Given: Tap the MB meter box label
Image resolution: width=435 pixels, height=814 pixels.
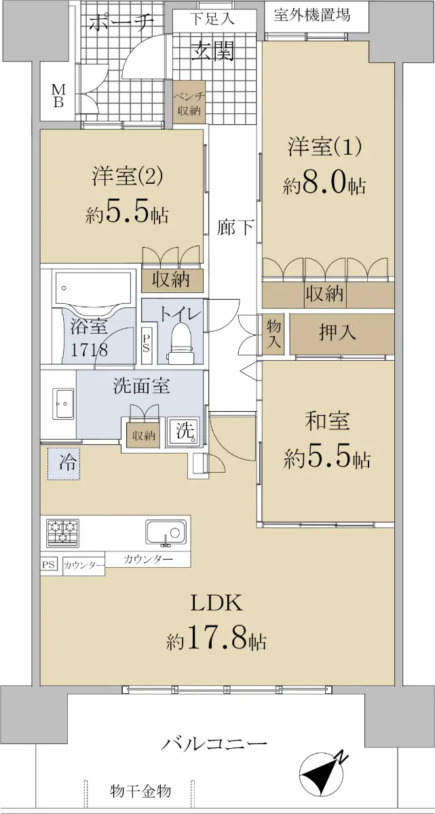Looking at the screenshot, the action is point(58,96).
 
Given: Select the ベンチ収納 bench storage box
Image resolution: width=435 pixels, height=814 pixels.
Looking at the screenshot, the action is point(189,103).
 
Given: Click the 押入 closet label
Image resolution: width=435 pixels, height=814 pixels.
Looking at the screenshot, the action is point(337,332).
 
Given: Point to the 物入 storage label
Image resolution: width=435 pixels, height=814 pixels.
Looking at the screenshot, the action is point(273,334).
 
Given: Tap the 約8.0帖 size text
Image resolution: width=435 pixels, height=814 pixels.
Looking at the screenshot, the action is point(324,185).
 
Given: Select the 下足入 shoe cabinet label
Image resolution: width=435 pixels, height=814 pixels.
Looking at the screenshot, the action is point(212,18).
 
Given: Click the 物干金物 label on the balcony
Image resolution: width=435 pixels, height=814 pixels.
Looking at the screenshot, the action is point(140,790).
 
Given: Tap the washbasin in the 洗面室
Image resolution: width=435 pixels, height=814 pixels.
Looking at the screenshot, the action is point(64,403).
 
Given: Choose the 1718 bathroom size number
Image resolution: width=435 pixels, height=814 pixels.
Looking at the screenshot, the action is point(89,350).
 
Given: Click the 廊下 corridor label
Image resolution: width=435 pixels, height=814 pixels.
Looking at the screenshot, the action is point(235,227).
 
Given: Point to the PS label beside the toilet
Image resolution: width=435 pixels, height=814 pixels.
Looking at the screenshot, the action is point(146,343).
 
